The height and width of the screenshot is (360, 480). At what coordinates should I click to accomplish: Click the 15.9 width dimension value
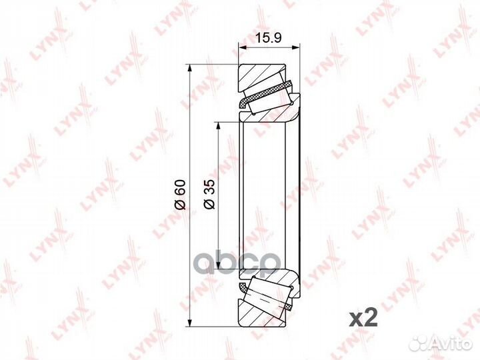(x=269, y=38)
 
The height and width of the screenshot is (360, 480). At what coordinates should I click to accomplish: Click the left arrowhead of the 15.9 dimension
(x=241, y=48)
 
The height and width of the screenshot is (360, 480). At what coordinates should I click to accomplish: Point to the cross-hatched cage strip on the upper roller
(x=267, y=94)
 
